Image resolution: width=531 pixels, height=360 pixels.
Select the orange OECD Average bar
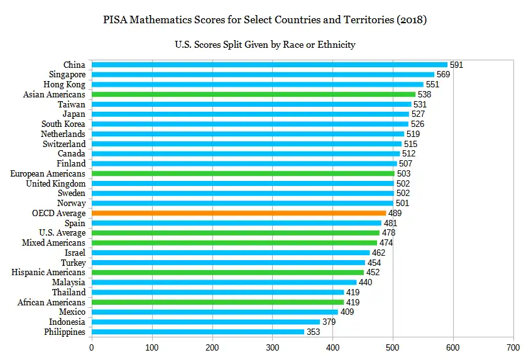pos(238,213)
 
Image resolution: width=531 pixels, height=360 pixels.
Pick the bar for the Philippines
pos(197,332)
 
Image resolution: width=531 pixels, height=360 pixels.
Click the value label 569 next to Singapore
pos(443,75)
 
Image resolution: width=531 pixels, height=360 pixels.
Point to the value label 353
pos(313,332)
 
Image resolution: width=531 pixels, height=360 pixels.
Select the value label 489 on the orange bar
pos(395,213)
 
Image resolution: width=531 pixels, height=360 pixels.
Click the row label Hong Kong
pos(64,84)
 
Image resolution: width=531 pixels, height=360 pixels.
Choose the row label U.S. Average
pos(62,232)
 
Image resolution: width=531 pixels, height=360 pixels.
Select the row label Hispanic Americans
pos(48,272)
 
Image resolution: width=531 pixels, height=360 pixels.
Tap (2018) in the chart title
pos(410,19)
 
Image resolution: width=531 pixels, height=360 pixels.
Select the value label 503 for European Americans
pos(403,173)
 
